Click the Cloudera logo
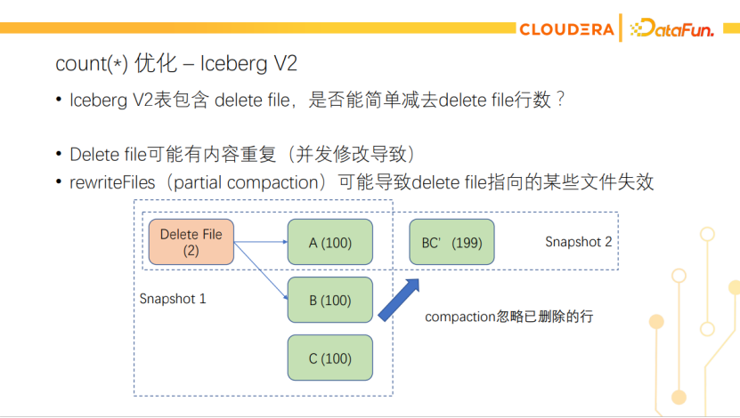point(565,29)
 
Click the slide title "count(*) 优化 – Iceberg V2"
point(176,63)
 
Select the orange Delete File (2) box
point(191,242)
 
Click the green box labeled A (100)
point(329,243)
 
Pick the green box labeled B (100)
point(329,301)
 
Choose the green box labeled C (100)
point(329,358)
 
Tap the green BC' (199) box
point(451,243)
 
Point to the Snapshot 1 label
point(173,299)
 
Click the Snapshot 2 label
point(579,242)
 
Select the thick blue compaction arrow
point(399,300)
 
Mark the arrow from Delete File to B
point(260,270)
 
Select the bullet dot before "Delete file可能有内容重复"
point(59,154)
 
